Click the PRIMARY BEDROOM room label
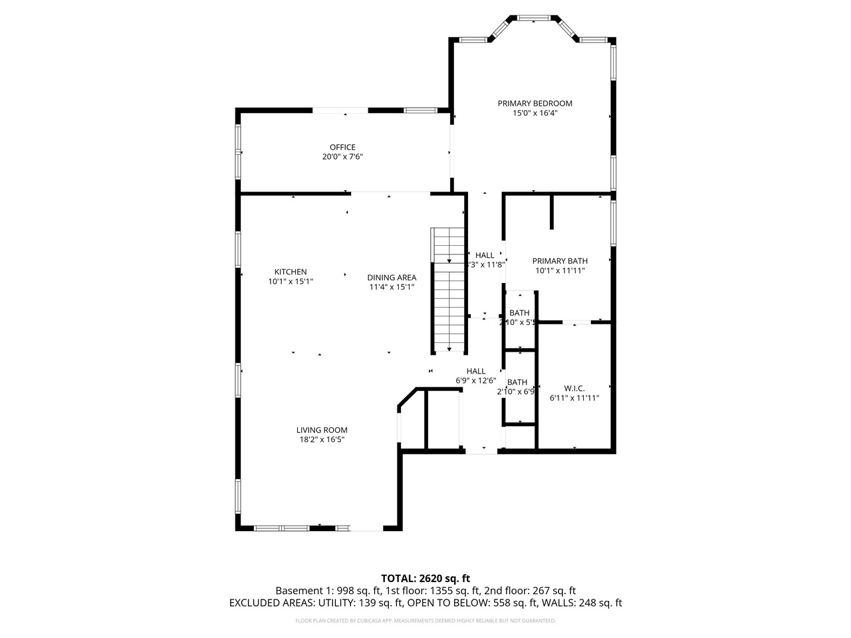pyautogui.click(x=535, y=103)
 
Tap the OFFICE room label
pyautogui.click(x=342, y=147)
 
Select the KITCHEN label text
pyautogui.click(x=291, y=271)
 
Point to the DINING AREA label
pyautogui.click(x=392, y=277)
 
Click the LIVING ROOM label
pyautogui.click(x=322, y=429)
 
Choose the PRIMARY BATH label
pyautogui.click(x=560, y=261)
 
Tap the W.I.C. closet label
pyautogui.click(x=574, y=387)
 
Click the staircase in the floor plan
pyautogui.click(x=449, y=289)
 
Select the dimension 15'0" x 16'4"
pyautogui.click(x=535, y=113)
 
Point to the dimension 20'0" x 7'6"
pyautogui.click(x=342, y=157)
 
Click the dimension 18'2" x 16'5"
pyautogui.click(x=322, y=439)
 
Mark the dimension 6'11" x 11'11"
pyautogui.click(x=574, y=398)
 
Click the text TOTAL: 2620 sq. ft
pyautogui.click(x=425, y=578)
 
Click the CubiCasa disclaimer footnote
pyautogui.click(x=425, y=621)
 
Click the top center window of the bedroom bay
pyautogui.click(x=534, y=18)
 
